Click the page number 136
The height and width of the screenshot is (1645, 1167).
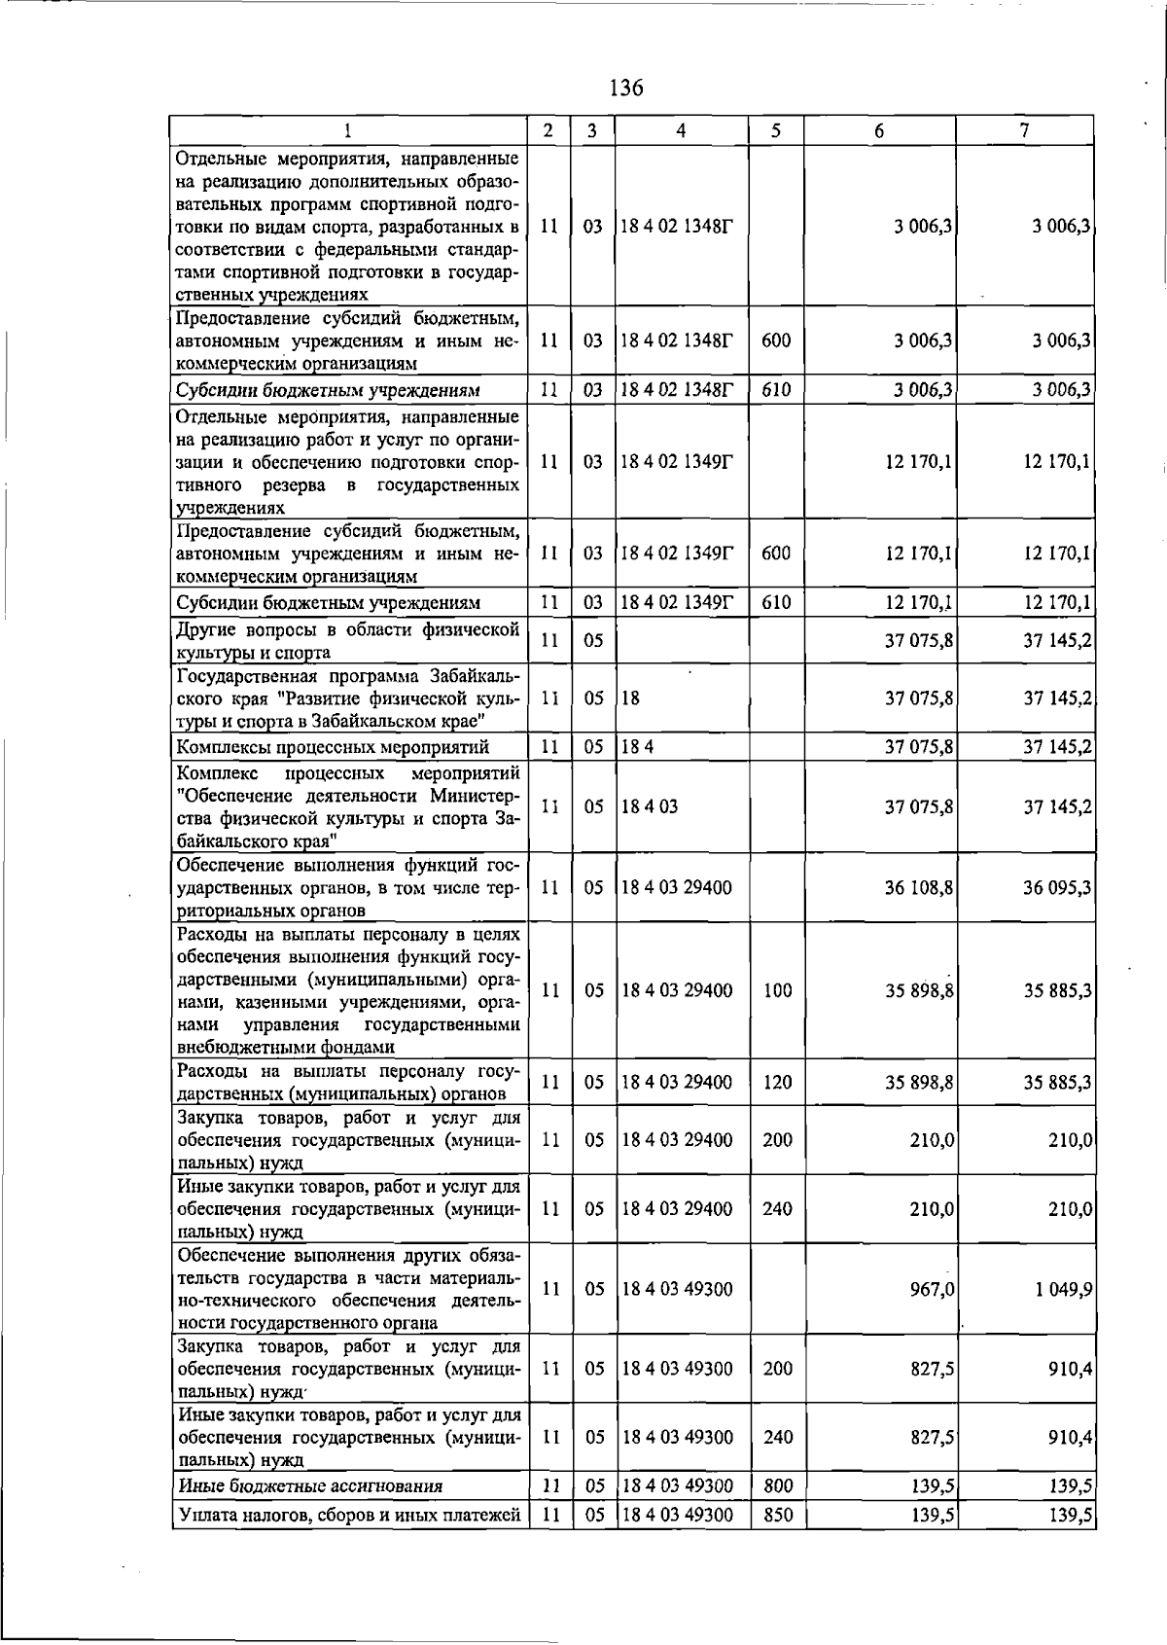[x=626, y=89]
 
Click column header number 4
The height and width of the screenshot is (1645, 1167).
[x=681, y=130]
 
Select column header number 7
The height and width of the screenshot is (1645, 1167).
[x=1025, y=130]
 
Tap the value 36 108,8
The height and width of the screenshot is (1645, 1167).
[x=919, y=887]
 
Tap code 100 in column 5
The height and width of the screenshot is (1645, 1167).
[x=777, y=990]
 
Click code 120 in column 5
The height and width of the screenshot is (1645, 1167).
[x=777, y=1082]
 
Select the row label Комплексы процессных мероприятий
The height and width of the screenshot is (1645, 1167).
[x=333, y=747]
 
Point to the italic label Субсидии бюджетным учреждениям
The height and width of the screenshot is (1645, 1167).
[x=328, y=390]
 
